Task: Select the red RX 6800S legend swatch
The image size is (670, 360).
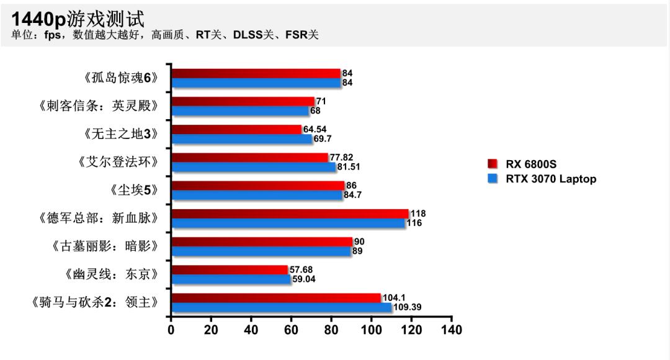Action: pyautogui.click(x=493, y=164)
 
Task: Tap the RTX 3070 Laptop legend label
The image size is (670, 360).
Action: pyautogui.click(x=551, y=179)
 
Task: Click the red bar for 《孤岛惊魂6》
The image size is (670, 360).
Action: pyautogui.click(x=256, y=74)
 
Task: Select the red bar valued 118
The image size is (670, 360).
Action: pyautogui.click(x=290, y=214)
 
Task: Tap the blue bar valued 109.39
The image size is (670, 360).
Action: pyautogui.click(x=281, y=307)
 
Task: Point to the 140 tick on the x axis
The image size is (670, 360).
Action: pyautogui.click(x=452, y=330)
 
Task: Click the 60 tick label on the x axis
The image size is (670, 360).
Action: pyautogui.click(x=292, y=330)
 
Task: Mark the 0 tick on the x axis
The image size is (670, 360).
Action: pyautogui.click(x=171, y=330)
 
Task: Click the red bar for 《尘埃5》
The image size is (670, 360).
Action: pyautogui.click(x=257, y=186)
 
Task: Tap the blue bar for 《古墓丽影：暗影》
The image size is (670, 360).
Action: pyautogui.click(x=261, y=251)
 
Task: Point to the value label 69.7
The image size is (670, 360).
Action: pyautogui.click(x=323, y=139)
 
